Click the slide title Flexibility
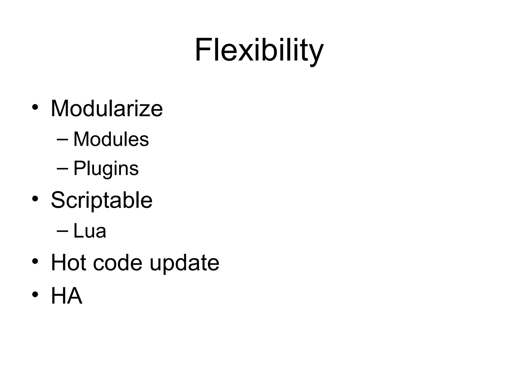(259, 50)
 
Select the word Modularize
(107, 109)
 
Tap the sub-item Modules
(111, 139)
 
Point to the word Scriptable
(102, 200)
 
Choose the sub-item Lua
(90, 231)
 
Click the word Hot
(69, 263)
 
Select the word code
(118, 263)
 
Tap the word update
(184, 264)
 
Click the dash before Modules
(62, 139)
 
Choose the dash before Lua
(62, 231)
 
